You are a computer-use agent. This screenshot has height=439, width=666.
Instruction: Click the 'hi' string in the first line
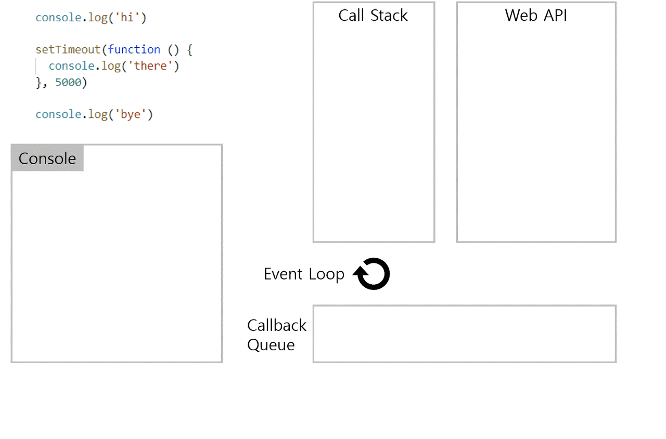pyautogui.click(x=127, y=18)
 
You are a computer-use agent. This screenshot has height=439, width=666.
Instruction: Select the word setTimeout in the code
pyautogui.click(x=68, y=50)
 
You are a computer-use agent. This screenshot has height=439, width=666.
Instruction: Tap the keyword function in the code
pyautogui.click(x=134, y=50)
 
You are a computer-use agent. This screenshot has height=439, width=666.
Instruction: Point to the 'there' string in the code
pyautogui.click(x=150, y=66)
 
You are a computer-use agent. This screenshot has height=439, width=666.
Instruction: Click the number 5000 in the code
pyautogui.click(x=68, y=82)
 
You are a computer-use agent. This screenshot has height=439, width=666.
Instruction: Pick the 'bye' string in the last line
pyautogui.click(x=131, y=114)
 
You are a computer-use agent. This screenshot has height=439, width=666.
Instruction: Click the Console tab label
pyautogui.click(x=47, y=158)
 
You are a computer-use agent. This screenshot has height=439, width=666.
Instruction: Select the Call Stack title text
pyautogui.click(x=373, y=16)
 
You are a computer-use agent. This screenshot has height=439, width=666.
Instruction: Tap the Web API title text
pyautogui.click(x=536, y=16)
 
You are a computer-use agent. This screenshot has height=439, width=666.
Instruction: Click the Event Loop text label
pyautogui.click(x=304, y=274)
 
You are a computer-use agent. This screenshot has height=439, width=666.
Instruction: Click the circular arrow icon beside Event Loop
pyautogui.click(x=373, y=274)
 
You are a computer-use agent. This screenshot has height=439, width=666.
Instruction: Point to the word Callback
pyautogui.click(x=277, y=325)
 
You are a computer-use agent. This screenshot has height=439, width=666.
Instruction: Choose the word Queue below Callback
pyautogui.click(x=271, y=345)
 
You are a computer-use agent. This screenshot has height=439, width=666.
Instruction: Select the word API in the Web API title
pyautogui.click(x=554, y=16)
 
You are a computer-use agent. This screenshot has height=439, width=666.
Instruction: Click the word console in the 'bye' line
pyautogui.click(x=58, y=114)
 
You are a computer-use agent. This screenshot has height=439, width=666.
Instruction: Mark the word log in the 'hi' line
pyautogui.click(x=98, y=18)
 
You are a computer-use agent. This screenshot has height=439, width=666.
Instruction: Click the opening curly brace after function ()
pyautogui.click(x=189, y=50)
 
